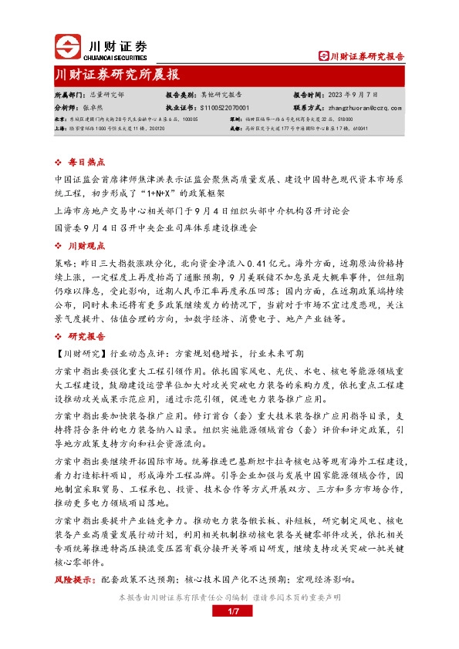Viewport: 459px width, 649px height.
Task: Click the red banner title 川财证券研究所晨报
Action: (x=118, y=75)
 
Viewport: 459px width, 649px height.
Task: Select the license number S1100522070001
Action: (x=225, y=109)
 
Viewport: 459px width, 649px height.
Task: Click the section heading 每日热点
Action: (x=86, y=163)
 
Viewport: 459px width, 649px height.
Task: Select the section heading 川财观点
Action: (x=86, y=245)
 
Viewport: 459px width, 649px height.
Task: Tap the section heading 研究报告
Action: (x=86, y=337)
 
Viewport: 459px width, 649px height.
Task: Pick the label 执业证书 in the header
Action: (x=179, y=109)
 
